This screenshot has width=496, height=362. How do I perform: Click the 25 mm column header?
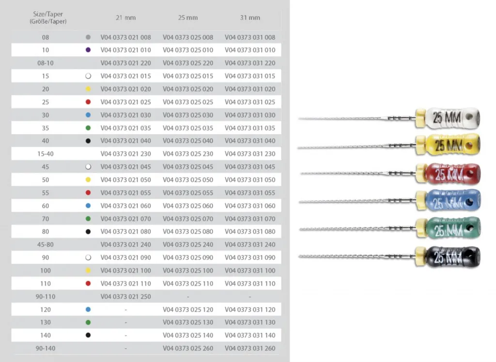coord(188,18)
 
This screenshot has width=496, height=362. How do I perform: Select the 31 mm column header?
coord(250,18)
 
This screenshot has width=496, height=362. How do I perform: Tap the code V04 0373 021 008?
coord(125,37)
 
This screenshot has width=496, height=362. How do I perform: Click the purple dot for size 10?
coord(88,50)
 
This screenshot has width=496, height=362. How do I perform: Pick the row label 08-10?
coord(46,63)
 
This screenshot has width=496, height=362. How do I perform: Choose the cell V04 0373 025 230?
coord(188,154)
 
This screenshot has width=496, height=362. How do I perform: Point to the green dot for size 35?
coord(88,128)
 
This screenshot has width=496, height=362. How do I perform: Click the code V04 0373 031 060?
coord(250,205)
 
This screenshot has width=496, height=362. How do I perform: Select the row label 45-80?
coord(46,245)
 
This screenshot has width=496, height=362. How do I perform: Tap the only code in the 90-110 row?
coord(125,297)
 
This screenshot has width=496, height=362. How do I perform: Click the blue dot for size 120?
coord(88,310)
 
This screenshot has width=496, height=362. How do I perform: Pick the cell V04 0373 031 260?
coord(250,348)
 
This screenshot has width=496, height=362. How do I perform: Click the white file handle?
coord(453,118)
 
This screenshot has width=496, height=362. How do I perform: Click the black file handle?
coord(453,257)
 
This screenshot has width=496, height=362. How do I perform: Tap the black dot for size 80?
coord(88,232)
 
